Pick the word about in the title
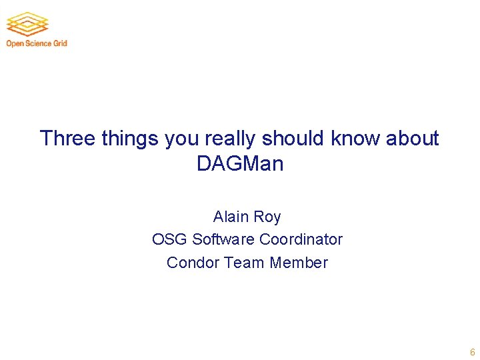(413, 139)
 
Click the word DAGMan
(240, 164)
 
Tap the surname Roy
(267, 217)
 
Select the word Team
(245, 263)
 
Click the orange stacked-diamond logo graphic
(27, 23)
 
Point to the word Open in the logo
(15, 44)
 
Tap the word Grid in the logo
(61, 44)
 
